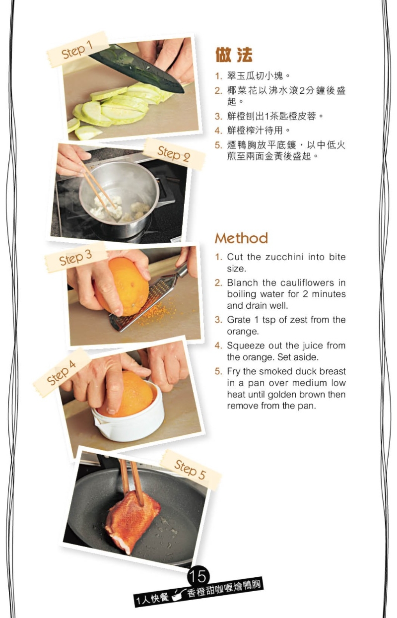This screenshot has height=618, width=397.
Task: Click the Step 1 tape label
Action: coord(77,50)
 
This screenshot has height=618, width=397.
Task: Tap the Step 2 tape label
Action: coord(174,154)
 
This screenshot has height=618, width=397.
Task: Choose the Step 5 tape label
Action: coord(190,470)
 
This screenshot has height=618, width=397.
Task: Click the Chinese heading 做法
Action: coord(234,55)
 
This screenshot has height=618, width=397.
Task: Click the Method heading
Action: coord(241,238)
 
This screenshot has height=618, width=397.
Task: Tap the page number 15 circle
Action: coord(198,576)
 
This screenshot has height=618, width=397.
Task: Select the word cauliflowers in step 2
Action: coord(307,282)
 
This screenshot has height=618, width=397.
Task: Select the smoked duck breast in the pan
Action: coord(132,519)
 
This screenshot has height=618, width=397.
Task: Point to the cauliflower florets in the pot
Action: coord(119,209)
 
